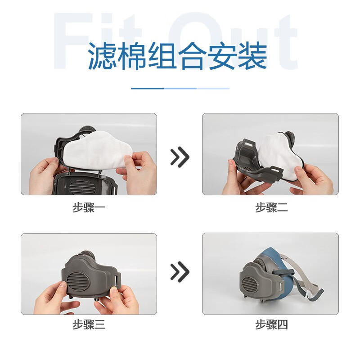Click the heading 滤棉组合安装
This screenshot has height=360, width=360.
(x=177, y=56)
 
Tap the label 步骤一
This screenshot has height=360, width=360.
(x=89, y=208)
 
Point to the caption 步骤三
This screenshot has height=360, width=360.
(x=89, y=324)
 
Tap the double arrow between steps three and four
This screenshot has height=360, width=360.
(x=180, y=272)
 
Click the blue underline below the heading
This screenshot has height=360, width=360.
(x=180, y=88)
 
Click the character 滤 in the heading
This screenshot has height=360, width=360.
(x=100, y=56)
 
